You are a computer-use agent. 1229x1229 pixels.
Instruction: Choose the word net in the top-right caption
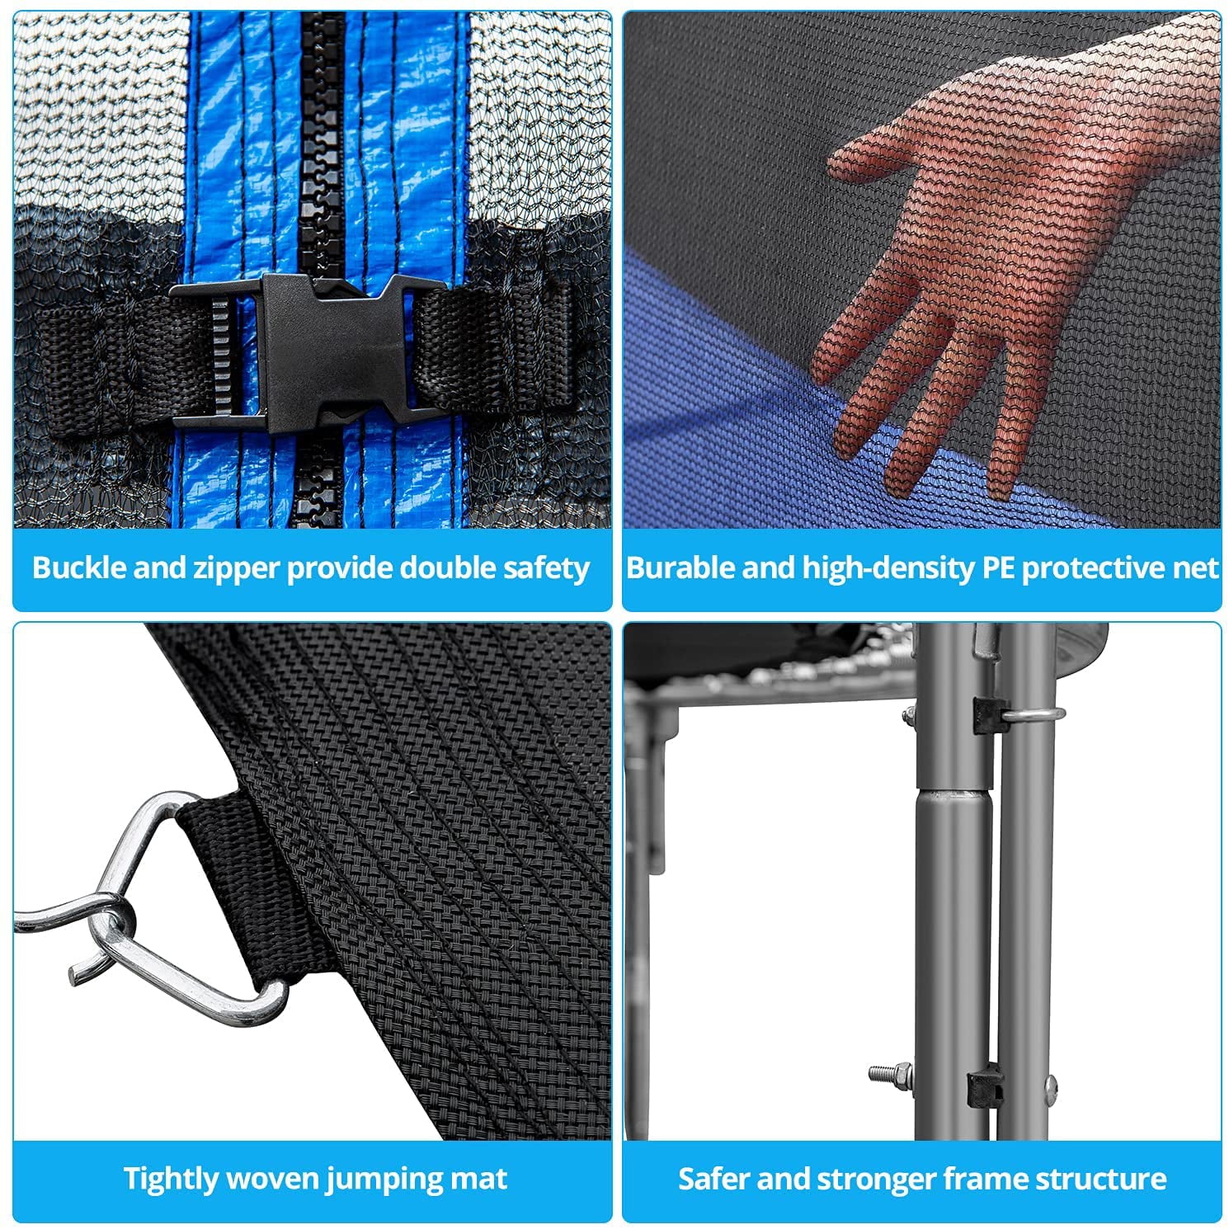tap(1197, 568)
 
